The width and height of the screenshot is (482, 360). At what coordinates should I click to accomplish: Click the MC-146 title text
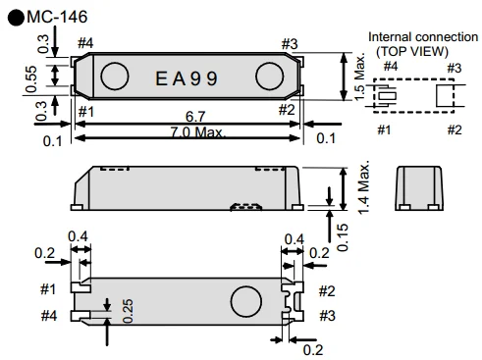click(57, 17)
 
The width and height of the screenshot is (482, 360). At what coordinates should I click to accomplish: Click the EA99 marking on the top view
click(187, 78)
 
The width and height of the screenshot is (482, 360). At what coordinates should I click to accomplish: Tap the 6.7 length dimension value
click(195, 117)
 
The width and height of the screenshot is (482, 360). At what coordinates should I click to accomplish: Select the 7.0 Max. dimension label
click(197, 132)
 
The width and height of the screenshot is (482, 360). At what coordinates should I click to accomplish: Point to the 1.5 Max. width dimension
click(359, 77)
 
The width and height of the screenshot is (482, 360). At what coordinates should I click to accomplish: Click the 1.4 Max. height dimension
click(363, 187)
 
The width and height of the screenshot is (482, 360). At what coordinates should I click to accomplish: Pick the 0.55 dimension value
click(31, 78)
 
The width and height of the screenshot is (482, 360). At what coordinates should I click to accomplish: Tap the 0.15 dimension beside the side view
click(343, 237)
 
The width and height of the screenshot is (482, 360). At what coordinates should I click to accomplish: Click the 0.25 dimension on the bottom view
click(128, 311)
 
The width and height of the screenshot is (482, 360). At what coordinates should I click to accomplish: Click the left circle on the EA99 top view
click(115, 77)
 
